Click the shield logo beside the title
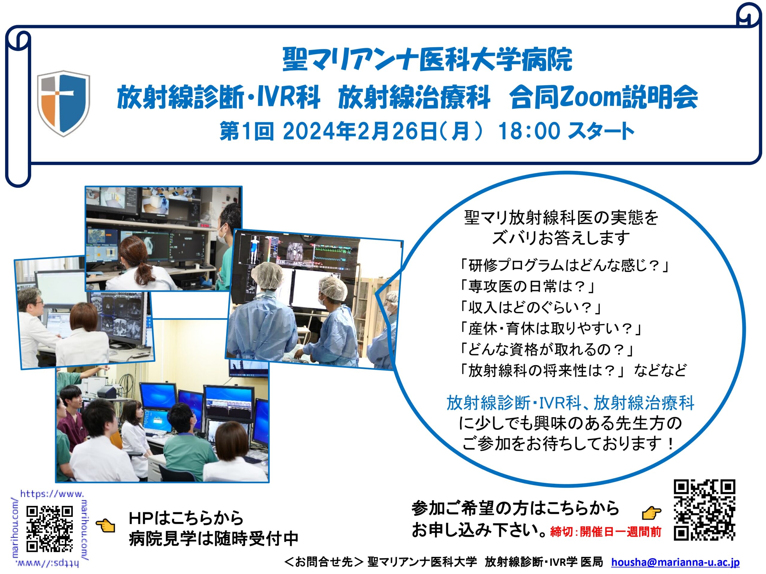[63, 103]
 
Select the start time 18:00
[529, 132]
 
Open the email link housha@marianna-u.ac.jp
[675, 562]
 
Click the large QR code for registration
[704, 510]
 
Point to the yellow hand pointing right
[651, 512]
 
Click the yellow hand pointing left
[106, 526]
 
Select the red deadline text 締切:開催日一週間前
[606, 532]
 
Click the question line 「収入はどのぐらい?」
[530, 307]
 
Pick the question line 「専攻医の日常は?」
[526, 286]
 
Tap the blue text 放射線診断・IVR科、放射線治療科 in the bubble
[570, 403]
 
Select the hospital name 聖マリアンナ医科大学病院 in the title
[427, 59]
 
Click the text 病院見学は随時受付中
[214, 539]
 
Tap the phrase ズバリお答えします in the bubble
[561, 238]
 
